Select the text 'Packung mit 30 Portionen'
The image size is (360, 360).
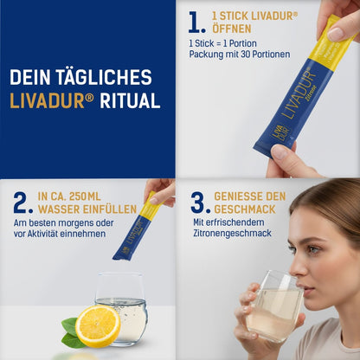click(240, 55)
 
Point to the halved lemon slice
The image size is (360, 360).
click(98, 326)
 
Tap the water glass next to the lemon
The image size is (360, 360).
click(122, 307)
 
